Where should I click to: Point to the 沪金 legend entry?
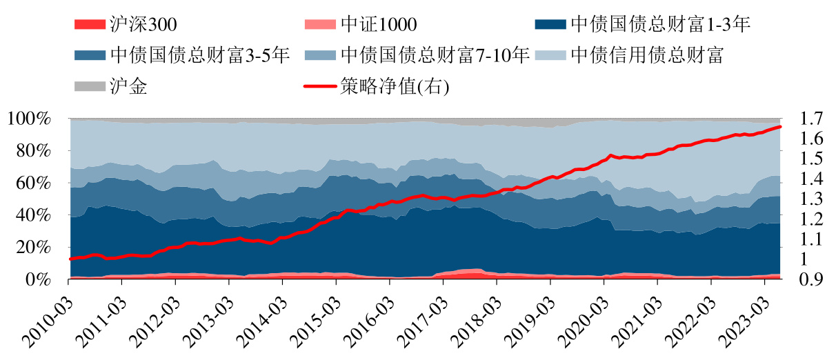128,86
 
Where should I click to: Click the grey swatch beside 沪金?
89,86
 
